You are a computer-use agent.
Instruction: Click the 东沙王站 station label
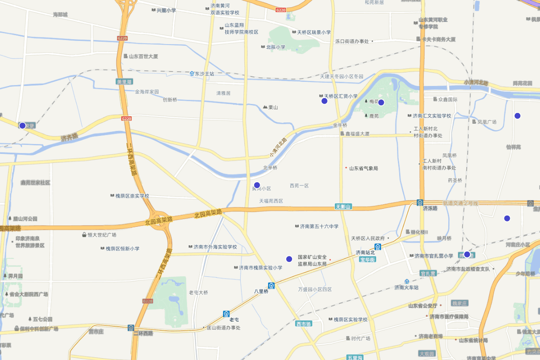pyautogui.click(x=202, y=73)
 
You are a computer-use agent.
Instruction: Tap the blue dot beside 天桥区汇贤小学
pyautogui.click(x=324, y=101)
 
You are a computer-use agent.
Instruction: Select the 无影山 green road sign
pyautogui.click(x=343, y=207)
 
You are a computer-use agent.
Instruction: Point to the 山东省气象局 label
pyautogui.click(x=363, y=168)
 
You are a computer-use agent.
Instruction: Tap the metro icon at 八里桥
pyautogui.click(x=271, y=285)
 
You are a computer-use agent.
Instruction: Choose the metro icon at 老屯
pyautogui.click(x=226, y=314)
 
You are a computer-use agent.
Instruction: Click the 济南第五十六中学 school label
pyautogui.click(x=319, y=226)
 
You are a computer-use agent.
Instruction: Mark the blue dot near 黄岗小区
pyautogui.click(x=257, y=185)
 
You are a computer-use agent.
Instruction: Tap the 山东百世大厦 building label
pyautogui.click(x=143, y=57)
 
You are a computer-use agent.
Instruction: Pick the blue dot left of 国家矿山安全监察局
pyautogui.click(x=289, y=259)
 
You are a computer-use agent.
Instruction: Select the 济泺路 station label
pyautogui.click(x=430, y=208)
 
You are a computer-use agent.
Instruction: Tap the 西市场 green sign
pyautogui.click(x=304, y=324)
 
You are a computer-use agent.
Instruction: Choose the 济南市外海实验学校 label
pyautogui.click(x=215, y=247)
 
